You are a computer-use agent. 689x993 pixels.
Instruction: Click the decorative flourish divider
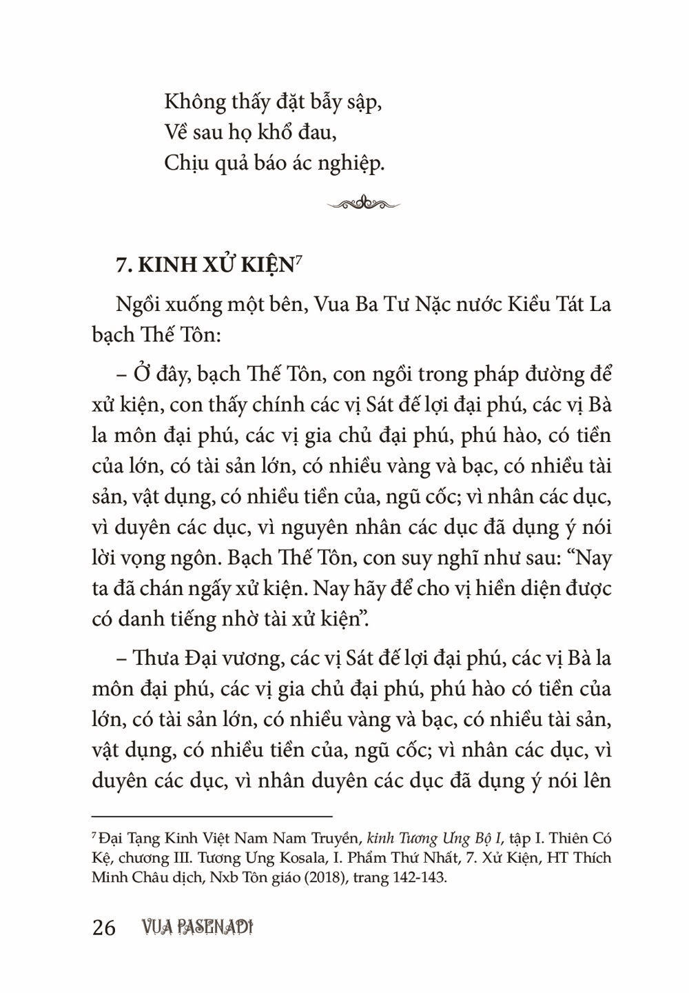364,202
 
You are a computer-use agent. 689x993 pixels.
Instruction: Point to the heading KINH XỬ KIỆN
203,265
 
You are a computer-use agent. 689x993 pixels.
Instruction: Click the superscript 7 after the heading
300,258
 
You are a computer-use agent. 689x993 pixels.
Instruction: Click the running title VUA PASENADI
195,928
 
